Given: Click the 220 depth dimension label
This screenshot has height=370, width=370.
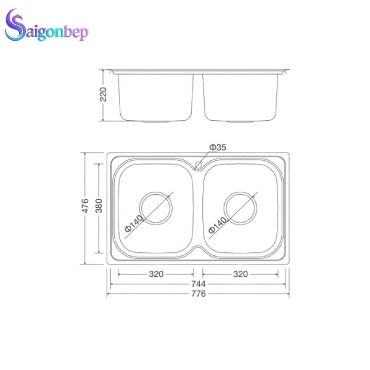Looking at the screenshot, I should (104, 94).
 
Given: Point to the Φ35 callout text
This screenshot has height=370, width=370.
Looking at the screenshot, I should (218, 147).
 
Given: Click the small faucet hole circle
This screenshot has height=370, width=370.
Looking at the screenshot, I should (199, 165).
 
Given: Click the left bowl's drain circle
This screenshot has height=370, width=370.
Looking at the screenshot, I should (156, 208).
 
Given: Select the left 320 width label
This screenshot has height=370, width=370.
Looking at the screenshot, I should (156, 274).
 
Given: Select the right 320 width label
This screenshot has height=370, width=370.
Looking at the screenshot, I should (240, 274).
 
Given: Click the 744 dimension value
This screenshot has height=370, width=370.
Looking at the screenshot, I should (198, 284).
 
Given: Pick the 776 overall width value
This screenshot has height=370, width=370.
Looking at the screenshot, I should (198, 294).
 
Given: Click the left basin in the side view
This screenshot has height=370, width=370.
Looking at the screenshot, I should (155, 96).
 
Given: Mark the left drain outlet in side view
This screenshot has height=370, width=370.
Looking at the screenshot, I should (155, 122).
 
